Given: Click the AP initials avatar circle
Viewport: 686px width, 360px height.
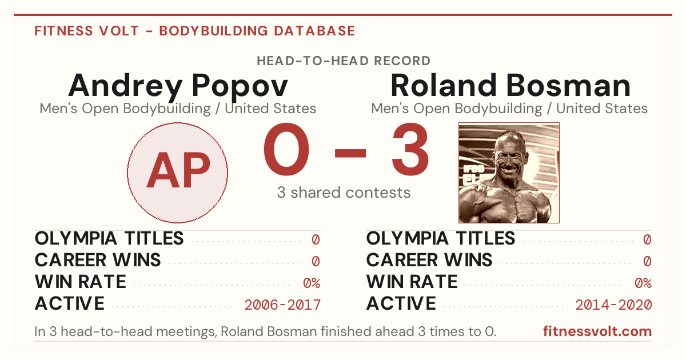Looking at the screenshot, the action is point(178,173).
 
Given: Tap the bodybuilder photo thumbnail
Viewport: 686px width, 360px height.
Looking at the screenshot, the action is point(509,173).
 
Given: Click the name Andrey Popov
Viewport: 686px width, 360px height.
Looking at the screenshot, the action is point(178,86).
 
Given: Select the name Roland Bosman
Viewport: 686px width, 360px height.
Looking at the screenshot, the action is point(510,85).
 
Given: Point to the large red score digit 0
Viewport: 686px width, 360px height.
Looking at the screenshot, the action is point(286,149).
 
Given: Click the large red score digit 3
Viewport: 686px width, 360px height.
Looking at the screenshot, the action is point(410,149).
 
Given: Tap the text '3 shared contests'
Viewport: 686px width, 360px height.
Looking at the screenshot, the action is point(344,193).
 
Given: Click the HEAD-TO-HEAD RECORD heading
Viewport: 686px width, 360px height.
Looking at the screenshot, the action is point(344,61).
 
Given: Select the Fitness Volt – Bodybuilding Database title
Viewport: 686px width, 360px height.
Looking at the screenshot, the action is point(195,31).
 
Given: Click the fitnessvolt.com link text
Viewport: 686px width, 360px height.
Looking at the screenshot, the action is point(597,331).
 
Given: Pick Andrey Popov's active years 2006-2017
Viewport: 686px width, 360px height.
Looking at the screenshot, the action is point(282,305).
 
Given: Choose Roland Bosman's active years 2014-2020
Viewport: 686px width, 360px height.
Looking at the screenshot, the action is point(614,305).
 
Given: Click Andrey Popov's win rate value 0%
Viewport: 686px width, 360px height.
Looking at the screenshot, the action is point(312,283).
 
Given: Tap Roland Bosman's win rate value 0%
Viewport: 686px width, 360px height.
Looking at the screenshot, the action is point(643,283).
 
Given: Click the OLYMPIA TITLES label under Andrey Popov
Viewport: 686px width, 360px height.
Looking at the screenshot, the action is point(109,238).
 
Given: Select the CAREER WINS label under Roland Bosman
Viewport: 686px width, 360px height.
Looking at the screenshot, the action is point(429,260).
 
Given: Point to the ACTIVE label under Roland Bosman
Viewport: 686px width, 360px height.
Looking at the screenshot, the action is point(401,303).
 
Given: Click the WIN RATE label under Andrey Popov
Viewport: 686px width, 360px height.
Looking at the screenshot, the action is point(80,282).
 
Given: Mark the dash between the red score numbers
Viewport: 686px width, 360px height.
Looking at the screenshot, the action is point(350,153).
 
